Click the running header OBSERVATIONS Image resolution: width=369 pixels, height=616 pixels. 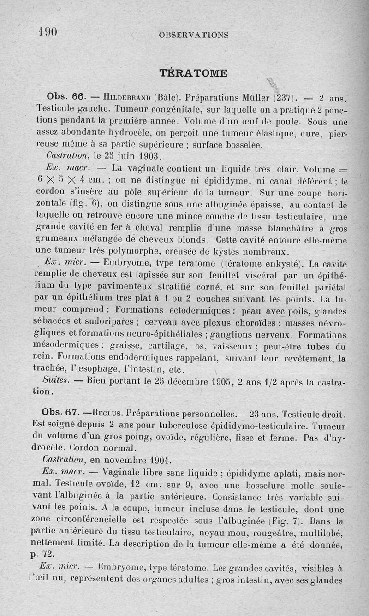coord(193,35)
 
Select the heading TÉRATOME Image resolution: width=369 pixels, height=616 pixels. coord(193,73)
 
